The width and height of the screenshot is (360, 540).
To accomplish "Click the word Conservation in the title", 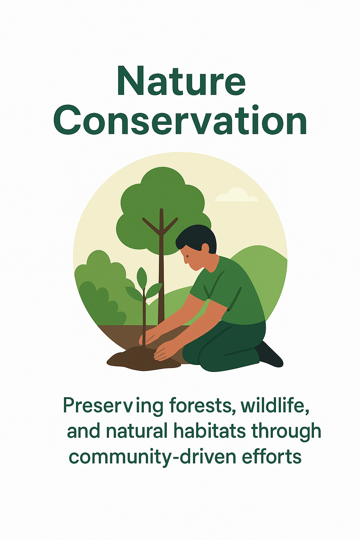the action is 180,120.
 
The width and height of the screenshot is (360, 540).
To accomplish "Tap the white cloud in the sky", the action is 236,195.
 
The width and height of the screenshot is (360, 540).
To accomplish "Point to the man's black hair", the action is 197,239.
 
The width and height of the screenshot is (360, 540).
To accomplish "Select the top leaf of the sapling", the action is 142,277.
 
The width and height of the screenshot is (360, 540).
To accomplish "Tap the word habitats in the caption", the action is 210,430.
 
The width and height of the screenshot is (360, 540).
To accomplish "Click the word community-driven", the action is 152,457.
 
